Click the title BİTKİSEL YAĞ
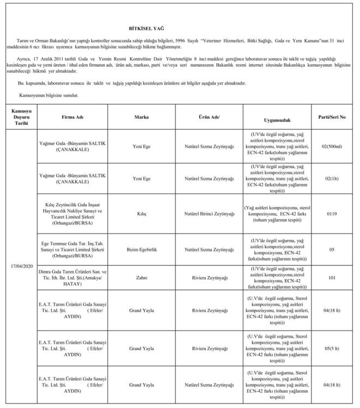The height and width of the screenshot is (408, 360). [146, 27]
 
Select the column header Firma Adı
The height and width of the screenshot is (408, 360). [72, 117]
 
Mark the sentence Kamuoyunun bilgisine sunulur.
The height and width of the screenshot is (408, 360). [49, 95]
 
